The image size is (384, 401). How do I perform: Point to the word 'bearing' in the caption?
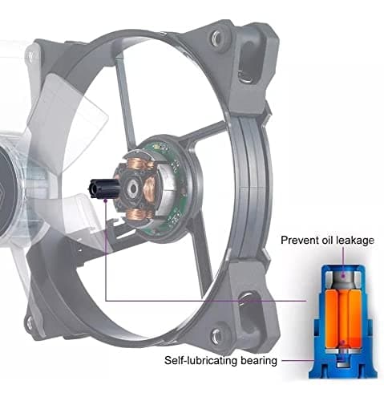[x=259, y=361]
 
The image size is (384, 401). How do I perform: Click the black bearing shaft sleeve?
[x=103, y=188]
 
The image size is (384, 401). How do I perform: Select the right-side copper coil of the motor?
[x=151, y=191]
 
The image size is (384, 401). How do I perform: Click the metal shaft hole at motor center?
[x=132, y=188]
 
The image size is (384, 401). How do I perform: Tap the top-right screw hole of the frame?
[x=216, y=38]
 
